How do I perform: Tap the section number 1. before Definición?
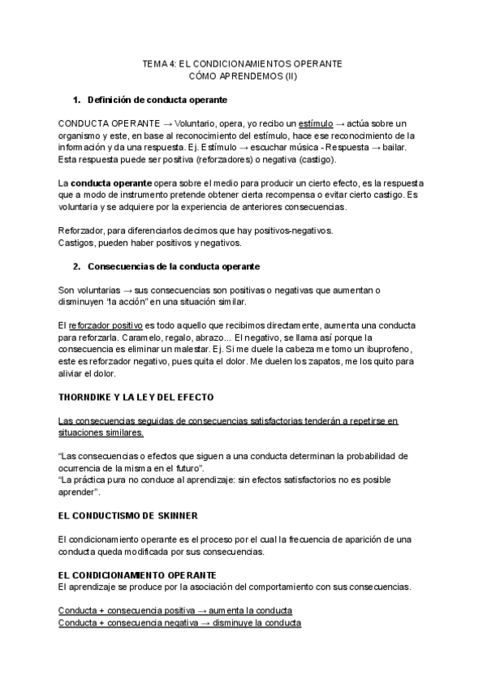[77, 100]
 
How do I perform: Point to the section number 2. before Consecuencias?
[77, 267]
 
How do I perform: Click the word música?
[284, 147]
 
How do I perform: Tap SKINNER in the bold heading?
[183, 514]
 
